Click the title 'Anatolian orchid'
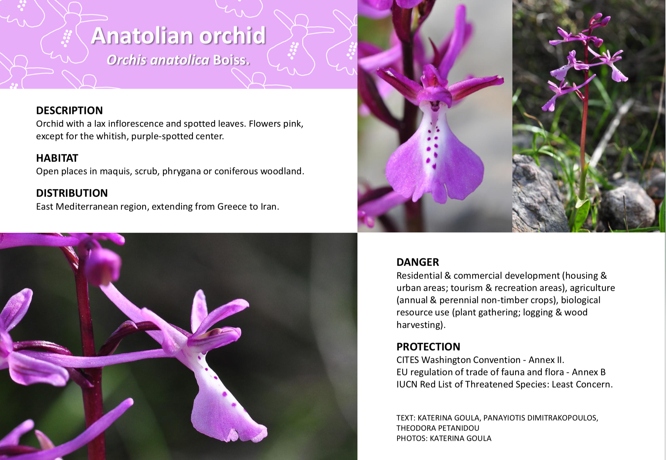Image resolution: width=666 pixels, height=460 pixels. click(x=178, y=35)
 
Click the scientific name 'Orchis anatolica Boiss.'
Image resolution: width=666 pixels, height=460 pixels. click(x=178, y=60)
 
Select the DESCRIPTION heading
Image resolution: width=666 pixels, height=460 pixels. click(x=69, y=110)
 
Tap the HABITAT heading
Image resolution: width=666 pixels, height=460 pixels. click(x=57, y=158)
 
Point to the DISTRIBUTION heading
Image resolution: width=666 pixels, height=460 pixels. click(x=72, y=193)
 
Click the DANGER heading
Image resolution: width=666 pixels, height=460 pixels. click(x=418, y=262)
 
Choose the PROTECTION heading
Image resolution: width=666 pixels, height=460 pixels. click(x=428, y=347)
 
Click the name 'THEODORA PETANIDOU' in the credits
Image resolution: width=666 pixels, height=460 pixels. click(x=438, y=428)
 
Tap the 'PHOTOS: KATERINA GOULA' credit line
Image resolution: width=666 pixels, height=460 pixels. click(x=444, y=439)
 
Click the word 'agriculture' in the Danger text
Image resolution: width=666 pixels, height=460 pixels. click(x=592, y=288)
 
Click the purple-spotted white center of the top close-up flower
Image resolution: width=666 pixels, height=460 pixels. click(x=431, y=142)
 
